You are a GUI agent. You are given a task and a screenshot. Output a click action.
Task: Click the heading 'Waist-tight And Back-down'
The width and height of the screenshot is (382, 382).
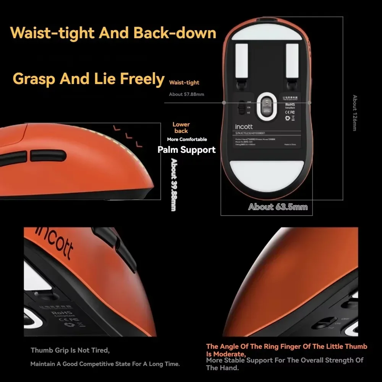click(113, 33)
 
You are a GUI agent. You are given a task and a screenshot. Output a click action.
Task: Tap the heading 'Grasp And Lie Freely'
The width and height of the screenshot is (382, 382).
click(88, 78)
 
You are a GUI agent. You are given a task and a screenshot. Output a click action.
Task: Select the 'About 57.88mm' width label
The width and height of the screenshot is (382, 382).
click(186, 94)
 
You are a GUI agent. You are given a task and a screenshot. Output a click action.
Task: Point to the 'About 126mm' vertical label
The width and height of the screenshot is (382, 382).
click(354, 113)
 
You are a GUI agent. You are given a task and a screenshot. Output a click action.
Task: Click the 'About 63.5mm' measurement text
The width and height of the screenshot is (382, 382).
click(278, 207)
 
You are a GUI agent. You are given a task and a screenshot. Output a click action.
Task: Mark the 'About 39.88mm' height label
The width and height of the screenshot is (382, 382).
click(173, 185)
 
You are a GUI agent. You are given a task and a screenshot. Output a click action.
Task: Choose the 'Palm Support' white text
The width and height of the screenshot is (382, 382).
click(186, 150)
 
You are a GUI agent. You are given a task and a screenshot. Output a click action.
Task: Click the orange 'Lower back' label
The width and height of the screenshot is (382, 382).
click(181, 128)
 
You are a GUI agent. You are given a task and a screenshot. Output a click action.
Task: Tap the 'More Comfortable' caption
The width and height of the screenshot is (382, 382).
click(187, 139)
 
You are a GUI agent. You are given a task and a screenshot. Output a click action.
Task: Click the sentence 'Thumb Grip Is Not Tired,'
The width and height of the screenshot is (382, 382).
click(70, 350)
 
